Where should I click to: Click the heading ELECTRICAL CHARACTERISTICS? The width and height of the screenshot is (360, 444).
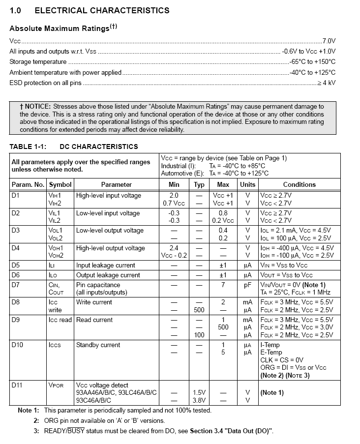click(x=102, y=10)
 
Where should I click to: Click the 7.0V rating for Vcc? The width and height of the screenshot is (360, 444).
click(x=329, y=41)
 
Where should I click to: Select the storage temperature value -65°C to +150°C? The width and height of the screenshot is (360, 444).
click(x=312, y=62)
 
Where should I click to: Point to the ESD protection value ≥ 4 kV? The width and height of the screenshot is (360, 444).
click(x=326, y=83)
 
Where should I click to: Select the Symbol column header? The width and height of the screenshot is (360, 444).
click(x=60, y=185)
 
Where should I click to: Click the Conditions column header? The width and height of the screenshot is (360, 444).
click(x=299, y=185)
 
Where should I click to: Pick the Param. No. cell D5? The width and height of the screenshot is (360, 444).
click(x=16, y=266)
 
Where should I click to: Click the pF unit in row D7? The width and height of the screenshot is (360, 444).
click(x=247, y=285)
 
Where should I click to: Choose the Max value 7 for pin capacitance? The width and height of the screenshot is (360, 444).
click(x=223, y=285)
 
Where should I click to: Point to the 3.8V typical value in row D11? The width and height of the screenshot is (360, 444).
click(x=199, y=400)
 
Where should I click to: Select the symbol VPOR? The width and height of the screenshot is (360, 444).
click(x=56, y=385)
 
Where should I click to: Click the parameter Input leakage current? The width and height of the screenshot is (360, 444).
click(x=105, y=266)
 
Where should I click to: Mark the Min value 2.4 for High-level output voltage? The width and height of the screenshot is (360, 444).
click(x=174, y=248)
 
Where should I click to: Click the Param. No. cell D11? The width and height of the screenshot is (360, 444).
click(x=17, y=385)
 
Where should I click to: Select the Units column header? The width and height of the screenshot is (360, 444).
click(x=247, y=185)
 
